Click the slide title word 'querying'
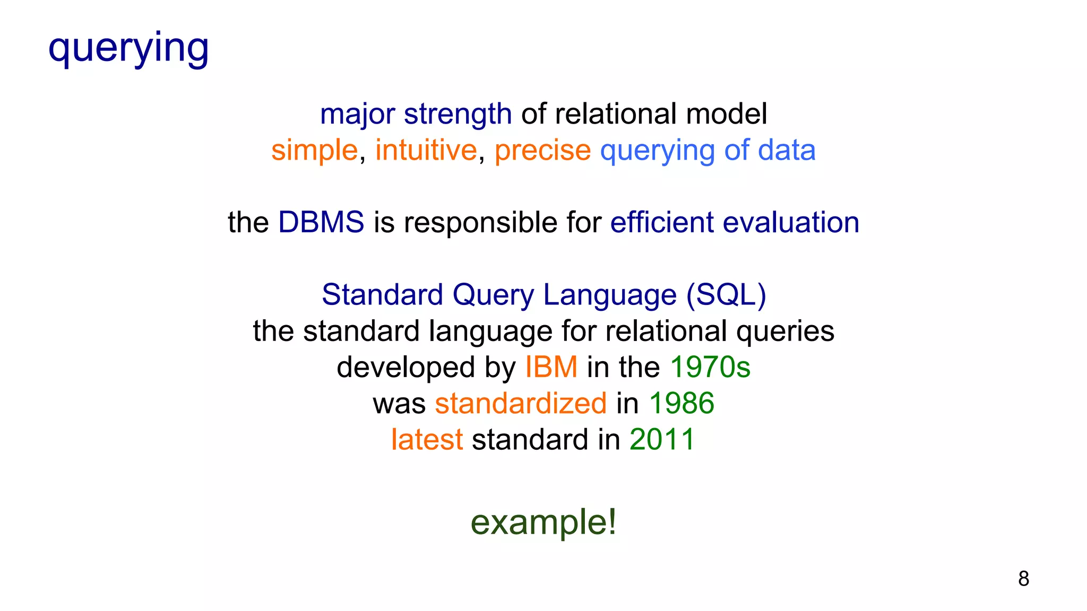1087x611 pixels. [x=128, y=48]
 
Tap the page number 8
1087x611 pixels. [x=1023, y=579]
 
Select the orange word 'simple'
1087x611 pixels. [x=315, y=150]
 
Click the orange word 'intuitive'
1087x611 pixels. [x=426, y=150]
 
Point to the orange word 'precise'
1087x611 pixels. [x=542, y=150]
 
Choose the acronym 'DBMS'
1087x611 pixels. [x=321, y=222]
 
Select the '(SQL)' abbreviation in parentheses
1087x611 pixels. [x=726, y=295]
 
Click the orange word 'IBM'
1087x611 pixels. [x=551, y=367]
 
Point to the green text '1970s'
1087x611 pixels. [x=710, y=367]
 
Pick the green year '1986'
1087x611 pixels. [x=681, y=403]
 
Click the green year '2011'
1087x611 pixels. [x=662, y=440]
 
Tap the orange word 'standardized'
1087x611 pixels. [x=521, y=403]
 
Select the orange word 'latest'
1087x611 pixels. [x=427, y=440]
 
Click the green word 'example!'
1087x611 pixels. [x=543, y=522]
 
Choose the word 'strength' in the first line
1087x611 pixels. [x=458, y=115]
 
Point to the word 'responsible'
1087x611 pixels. [x=480, y=222]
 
